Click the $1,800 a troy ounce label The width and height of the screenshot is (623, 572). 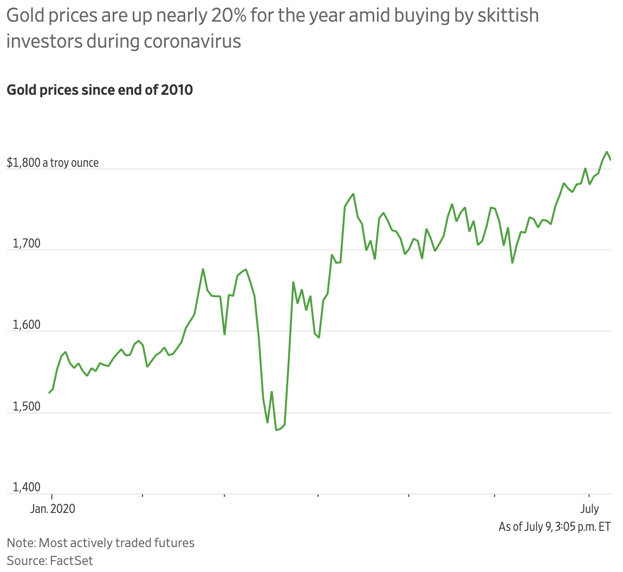coord(53,162)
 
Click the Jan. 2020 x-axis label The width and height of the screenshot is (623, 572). coord(52,509)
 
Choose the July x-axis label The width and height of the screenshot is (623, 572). coord(589,509)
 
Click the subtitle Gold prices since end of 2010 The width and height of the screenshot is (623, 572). coord(100,89)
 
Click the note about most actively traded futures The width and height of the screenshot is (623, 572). coord(101,542)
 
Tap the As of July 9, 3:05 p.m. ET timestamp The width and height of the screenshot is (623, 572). coord(554,526)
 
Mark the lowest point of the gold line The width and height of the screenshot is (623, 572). coord(276,430)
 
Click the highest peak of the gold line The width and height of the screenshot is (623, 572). coord(607,152)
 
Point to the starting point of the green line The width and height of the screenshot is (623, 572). coord(49,393)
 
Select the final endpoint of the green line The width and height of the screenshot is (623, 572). coord(611,160)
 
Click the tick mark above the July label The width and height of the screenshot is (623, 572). coord(588,496)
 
